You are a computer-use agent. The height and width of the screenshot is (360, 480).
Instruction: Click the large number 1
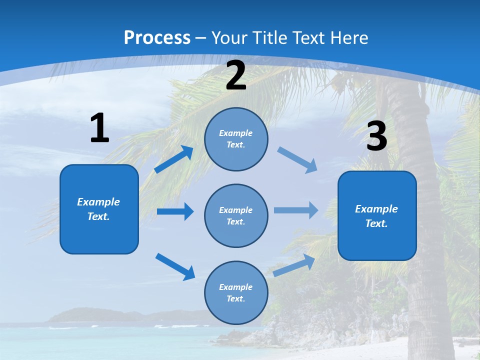[99, 128]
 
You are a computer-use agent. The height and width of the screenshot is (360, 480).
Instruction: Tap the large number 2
[236, 75]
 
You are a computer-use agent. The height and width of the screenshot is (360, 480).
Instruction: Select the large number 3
[377, 136]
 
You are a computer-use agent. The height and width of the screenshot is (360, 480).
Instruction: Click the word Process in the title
[157, 37]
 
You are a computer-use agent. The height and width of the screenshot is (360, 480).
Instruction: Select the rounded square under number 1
[99, 209]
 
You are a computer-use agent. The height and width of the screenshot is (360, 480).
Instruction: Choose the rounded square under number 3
[377, 216]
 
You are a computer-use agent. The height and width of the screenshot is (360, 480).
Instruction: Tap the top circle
[236, 139]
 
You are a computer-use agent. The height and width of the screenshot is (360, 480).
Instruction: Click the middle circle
[236, 216]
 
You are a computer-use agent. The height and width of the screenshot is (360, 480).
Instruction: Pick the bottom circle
[236, 293]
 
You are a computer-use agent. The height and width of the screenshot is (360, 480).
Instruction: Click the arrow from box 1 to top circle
[174, 159]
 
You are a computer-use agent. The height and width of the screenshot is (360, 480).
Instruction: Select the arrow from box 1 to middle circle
[175, 211]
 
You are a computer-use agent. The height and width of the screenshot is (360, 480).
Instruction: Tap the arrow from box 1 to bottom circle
[175, 266]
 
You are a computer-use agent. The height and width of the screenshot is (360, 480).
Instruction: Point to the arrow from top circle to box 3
[297, 160]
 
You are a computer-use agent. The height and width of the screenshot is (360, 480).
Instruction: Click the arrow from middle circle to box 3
[296, 210]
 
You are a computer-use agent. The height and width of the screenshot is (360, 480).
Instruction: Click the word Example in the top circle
[236, 133]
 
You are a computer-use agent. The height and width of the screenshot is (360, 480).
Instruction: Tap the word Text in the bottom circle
[235, 298]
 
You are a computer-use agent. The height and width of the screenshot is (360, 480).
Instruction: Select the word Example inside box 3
[376, 209]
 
